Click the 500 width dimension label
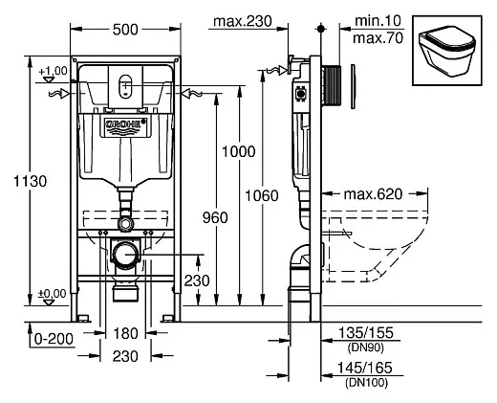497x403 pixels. [125, 30]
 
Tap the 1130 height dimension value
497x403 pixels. [31, 181]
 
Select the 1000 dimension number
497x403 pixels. [239, 151]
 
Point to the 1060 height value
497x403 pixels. [262, 195]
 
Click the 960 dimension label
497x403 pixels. [215, 217]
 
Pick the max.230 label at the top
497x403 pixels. [243, 21]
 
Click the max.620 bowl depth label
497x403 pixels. [373, 194]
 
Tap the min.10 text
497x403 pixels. [378, 21]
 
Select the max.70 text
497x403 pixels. [378, 38]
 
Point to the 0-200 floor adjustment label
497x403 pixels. [54, 339]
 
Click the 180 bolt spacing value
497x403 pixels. [125, 333]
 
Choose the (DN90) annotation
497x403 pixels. [365, 347]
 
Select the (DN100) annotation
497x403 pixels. [366, 382]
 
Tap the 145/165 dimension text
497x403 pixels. [364, 368]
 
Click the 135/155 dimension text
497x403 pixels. [366, 333]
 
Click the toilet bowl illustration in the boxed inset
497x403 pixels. [447, 51]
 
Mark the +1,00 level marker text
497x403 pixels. [53, 71]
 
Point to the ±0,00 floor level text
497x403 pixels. [53, 294]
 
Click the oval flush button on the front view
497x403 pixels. [125, 86]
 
